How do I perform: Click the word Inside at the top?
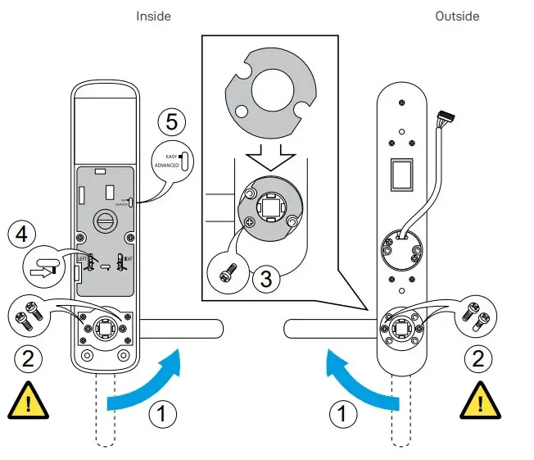pyautogui.click(x=153, y=16)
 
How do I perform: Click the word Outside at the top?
pyautogui.click(x=457, y=16)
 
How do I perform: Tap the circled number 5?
pyautogui.click(x=170, y=122)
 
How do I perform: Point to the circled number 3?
pyautogui.click(x=264, y=278)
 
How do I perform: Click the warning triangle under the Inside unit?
pyautogui.click(x=28, y=401)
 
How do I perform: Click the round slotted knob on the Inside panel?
pyautogui.click(x=106, y=220)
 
